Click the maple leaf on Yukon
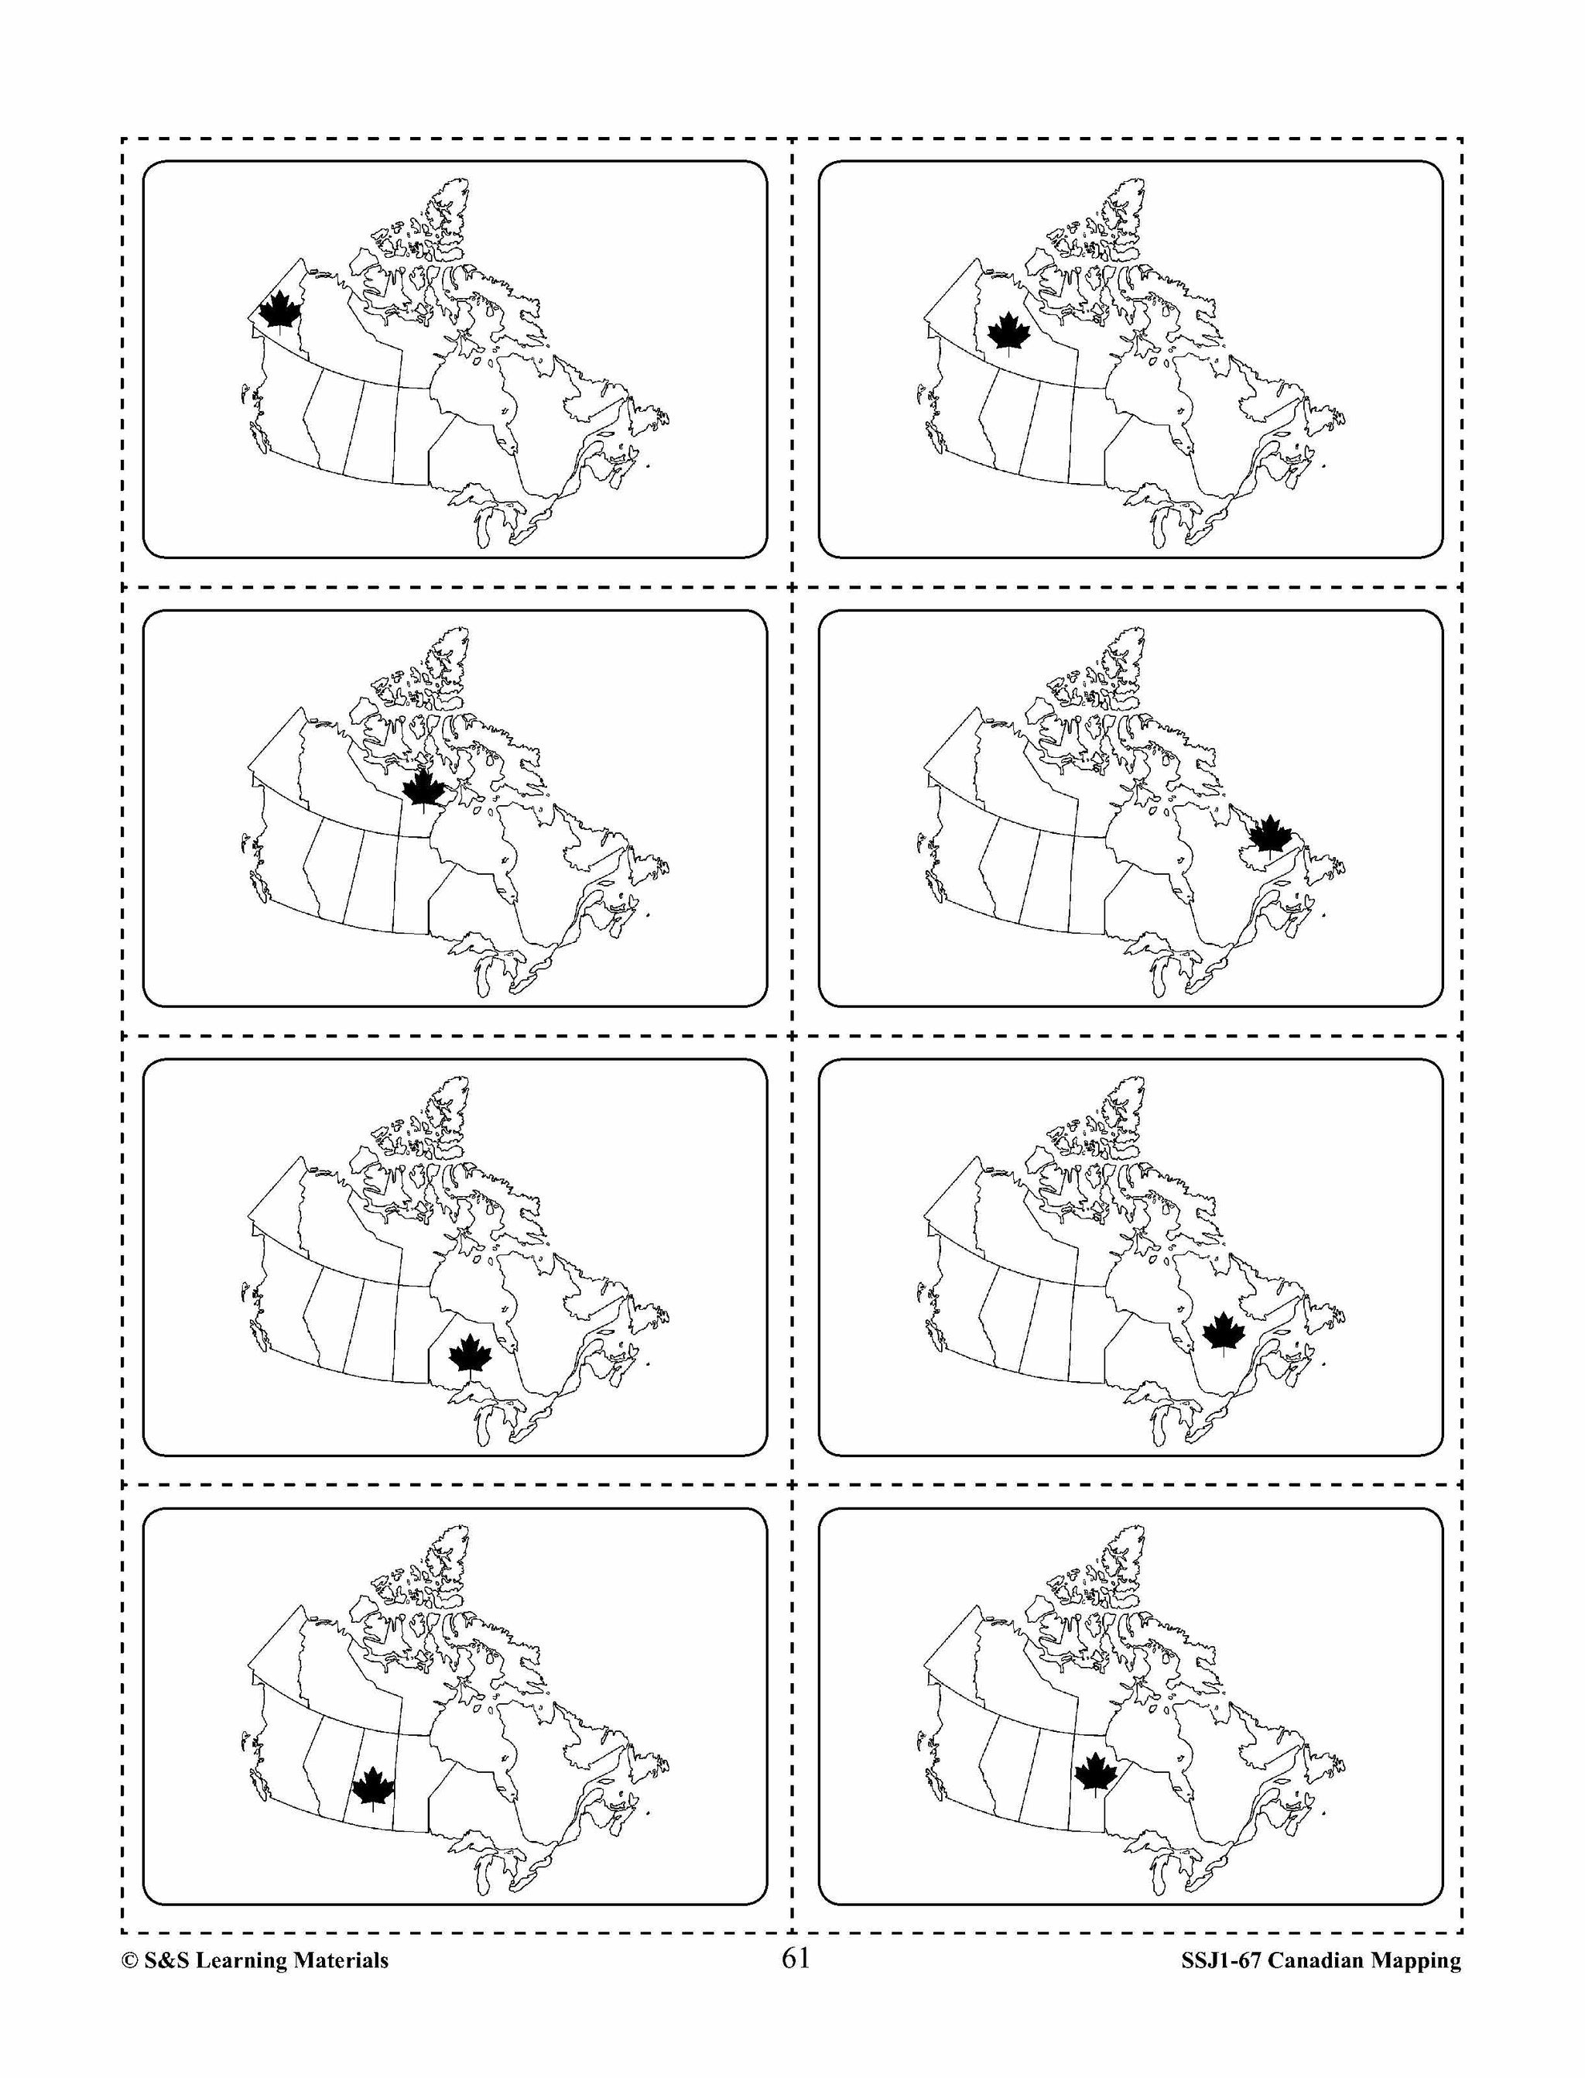(x=279, y=310)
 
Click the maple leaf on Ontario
(x=470, y=1354)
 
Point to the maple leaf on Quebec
(x=1224, y=1332)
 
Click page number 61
(x=796, y=1958)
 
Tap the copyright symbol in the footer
(x=129, y=1961)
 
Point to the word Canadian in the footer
(x=1317, y=1961)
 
